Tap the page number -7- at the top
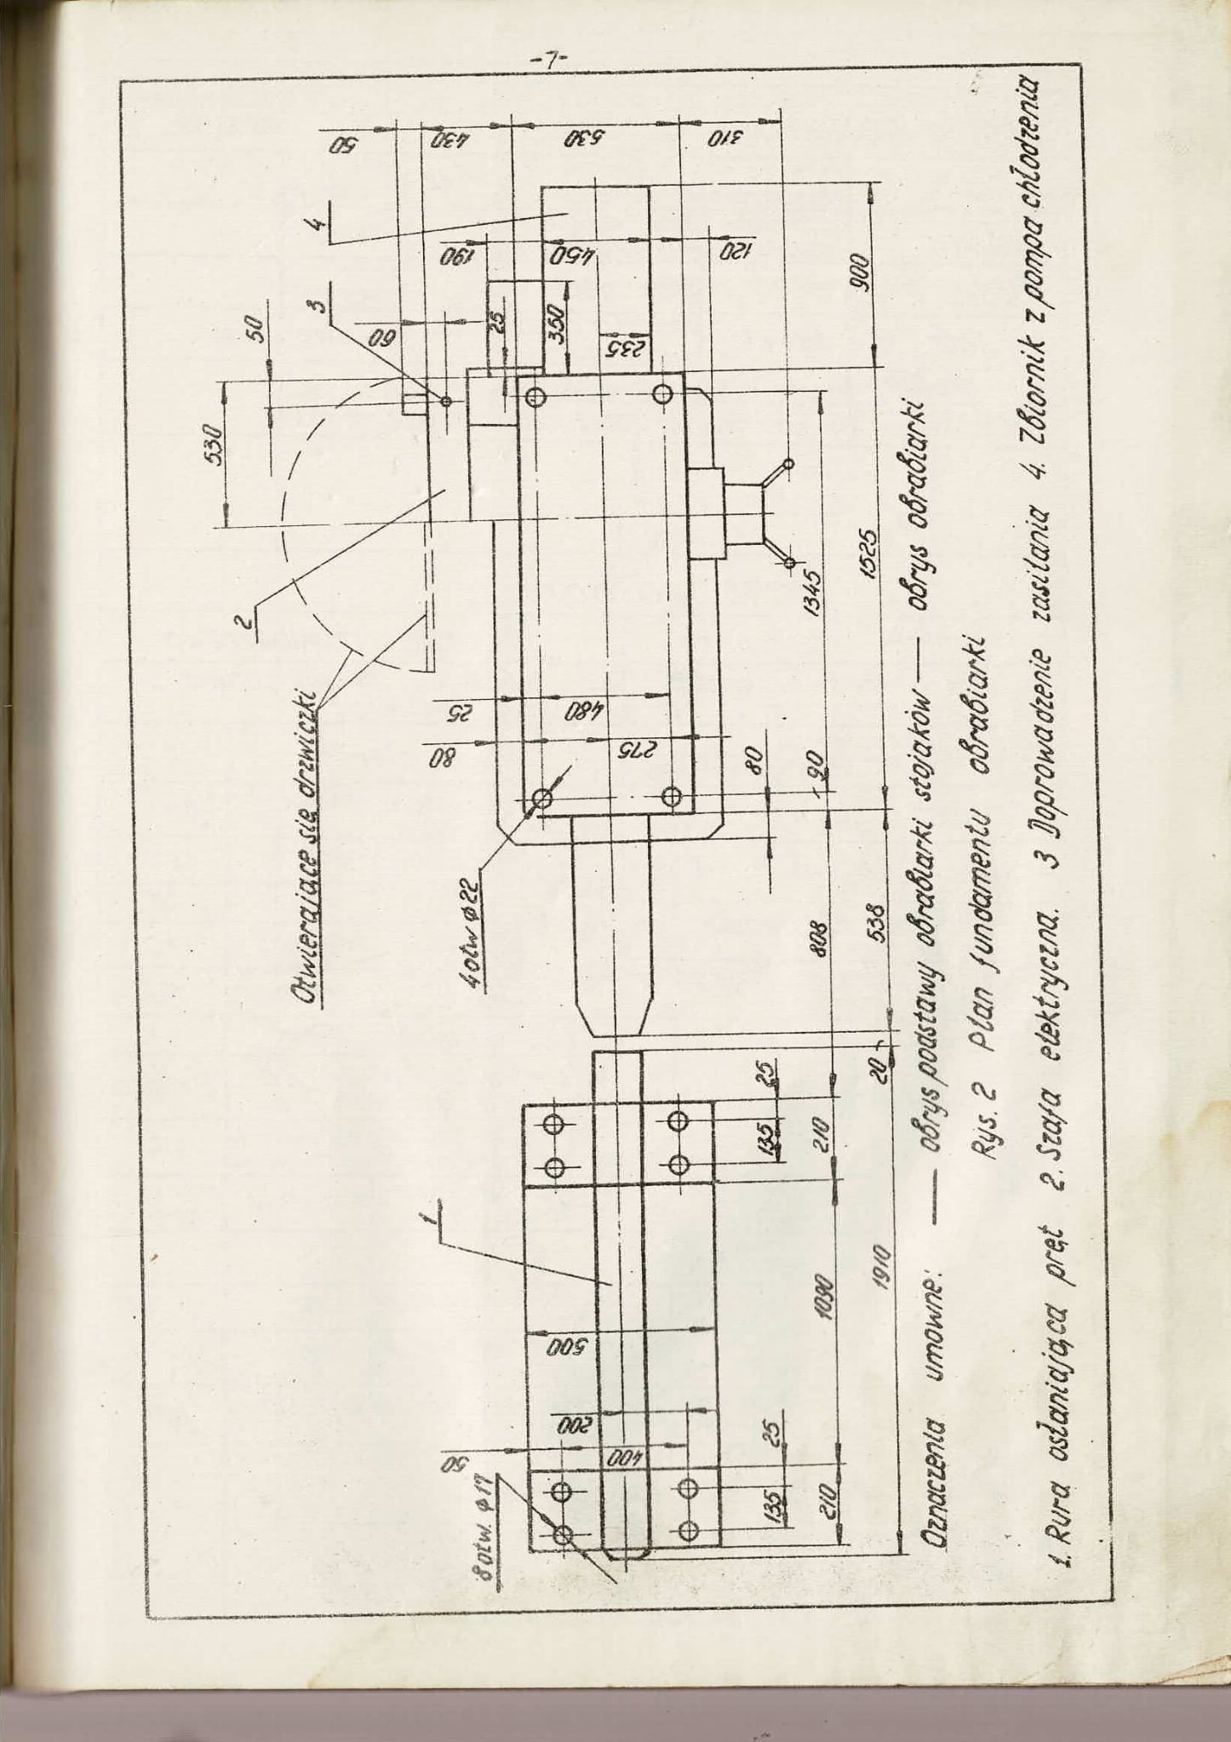click(548, 60)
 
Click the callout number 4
click(316, 225)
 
